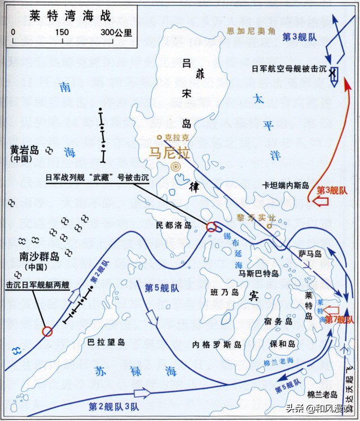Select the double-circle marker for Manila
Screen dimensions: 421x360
(x=176, y=167)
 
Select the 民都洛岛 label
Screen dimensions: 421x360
(x=174, y=225)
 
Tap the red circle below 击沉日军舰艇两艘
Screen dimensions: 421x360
(x=47, y=331)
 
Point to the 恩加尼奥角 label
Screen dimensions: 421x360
(x=246, y=29)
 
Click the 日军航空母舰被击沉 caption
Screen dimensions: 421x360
(x=287, y=70)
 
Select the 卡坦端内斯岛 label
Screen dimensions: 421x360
(x=286, y=184)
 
